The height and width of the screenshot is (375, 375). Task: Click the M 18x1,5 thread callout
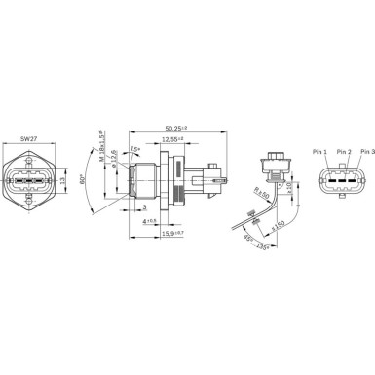[x=100, y=145]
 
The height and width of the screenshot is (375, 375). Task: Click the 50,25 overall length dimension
[x=177, y=127]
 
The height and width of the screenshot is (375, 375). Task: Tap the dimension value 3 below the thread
[x=143, y=208]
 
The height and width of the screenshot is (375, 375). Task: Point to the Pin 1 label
[x=320, y=152]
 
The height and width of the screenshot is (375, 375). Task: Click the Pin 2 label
[x=343, y=152]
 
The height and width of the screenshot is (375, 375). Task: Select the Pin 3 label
[x=366, y=152]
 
